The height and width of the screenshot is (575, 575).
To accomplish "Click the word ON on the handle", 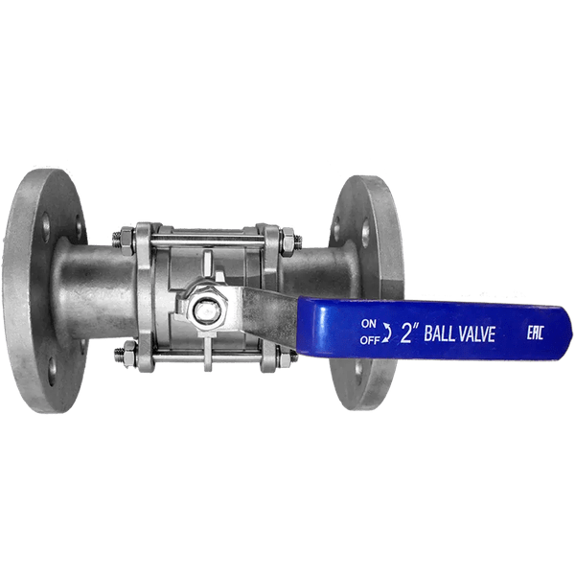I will (x=369, y=323).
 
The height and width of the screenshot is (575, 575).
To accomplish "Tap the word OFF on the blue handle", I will (x=369, y=338).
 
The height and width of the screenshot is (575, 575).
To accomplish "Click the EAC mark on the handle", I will (x=539, y=332).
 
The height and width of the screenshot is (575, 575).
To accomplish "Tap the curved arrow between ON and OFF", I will (x=386, y=332).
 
